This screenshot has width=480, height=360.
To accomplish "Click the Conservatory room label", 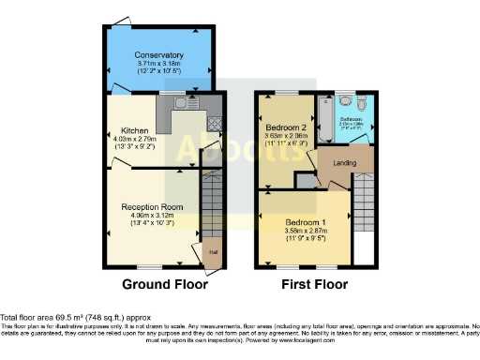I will coord(157,55).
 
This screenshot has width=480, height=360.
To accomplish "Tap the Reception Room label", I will coord(151,207).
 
